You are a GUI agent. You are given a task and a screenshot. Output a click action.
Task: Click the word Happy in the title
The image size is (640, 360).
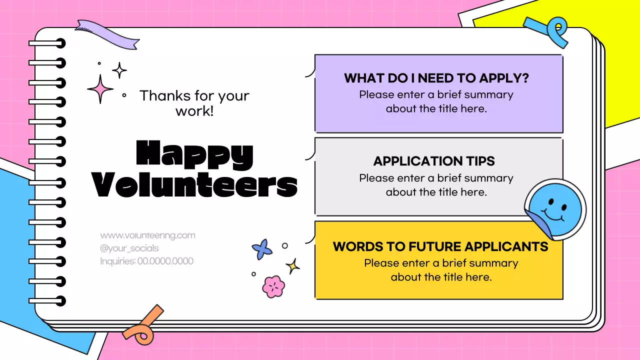[x=194, y=154]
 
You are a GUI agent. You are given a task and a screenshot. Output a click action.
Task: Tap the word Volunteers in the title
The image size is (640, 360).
[x=195, y=185]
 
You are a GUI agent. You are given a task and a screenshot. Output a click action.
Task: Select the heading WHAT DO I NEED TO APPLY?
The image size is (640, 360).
[x=436, y=78]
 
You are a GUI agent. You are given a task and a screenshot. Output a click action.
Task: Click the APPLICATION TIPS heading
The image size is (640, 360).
[x=434, y=161]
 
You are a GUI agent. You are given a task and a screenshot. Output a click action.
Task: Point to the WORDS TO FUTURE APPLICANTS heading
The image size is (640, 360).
[x=440, y=246]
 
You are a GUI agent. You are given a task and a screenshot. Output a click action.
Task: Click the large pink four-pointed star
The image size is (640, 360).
[x=100, y=89]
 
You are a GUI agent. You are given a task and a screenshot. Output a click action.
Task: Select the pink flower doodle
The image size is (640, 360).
[x=273, y=286]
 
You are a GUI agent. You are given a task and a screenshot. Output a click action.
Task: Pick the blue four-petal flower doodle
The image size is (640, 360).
[x=262, y=249]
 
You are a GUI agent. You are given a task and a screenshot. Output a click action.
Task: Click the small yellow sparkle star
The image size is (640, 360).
[x=292, y=265]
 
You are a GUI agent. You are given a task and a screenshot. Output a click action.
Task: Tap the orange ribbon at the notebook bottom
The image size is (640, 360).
[x=143, y=323]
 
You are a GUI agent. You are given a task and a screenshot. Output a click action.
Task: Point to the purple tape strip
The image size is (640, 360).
[x=107, y=33]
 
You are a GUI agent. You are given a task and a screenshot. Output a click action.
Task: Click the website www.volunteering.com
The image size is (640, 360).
[x=147, y=235]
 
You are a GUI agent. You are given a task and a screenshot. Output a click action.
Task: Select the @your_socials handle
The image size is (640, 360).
[x=129, y=248]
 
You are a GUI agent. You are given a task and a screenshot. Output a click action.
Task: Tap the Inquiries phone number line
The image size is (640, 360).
[x=146, y=261]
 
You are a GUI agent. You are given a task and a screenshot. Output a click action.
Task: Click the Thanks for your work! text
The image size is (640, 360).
[x=194, y=102]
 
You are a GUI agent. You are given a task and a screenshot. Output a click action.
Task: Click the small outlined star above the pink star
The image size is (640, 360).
[x=119, y=70]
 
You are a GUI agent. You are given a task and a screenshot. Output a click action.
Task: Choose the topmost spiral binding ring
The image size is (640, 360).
[x=47, y=43]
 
